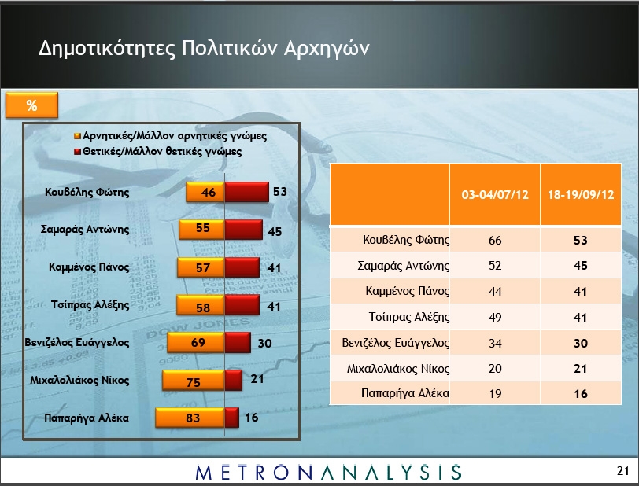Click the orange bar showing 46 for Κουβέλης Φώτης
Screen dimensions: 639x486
[205, 192]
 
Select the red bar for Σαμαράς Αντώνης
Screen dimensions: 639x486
[244, 230]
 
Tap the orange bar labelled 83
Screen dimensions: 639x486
[190, 418]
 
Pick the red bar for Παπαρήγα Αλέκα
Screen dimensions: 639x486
[232, 418]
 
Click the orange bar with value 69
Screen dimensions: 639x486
[196, 342]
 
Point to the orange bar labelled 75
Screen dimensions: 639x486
[194, 380]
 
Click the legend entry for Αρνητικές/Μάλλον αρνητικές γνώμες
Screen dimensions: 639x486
[171, 136]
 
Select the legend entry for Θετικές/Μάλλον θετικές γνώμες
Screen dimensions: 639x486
[158, 152]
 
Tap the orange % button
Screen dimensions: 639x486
[31, 105]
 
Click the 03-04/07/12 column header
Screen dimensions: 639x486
[495, 194]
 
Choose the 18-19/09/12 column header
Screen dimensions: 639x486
[581, 194]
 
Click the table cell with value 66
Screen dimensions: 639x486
[495, 240]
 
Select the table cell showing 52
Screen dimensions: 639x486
[495, 266]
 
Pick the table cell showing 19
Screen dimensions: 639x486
[495, 393]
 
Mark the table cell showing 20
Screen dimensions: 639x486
[495, 368]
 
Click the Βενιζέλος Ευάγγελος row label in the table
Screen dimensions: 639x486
[395, 343]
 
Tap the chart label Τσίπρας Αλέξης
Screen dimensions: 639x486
[90, 304]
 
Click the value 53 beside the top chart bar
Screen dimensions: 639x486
[280, 191]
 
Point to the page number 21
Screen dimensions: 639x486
[623, 471]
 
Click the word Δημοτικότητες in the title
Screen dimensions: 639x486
[107, 48]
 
